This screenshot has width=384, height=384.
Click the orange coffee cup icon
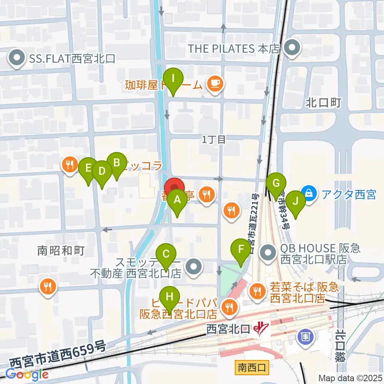click(215, 84)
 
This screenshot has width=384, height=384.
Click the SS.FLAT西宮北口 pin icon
click(17, 59)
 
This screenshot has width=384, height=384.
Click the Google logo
click(27, 374)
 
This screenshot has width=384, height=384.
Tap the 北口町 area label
click(323, 103)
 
